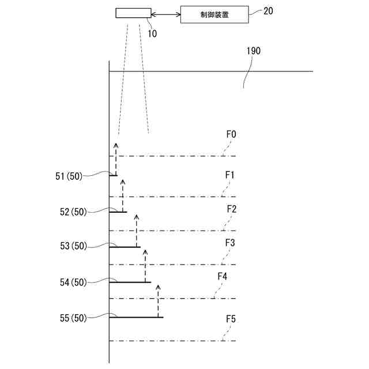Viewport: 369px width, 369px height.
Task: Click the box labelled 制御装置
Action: [215, 14]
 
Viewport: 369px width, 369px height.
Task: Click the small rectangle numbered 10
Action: [133, 13]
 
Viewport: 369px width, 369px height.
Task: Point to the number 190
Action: [254, 51]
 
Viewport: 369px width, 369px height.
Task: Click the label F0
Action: [231, 134]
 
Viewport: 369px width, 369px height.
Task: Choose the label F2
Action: [231, 209]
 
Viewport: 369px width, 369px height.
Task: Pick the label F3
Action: [229, 243]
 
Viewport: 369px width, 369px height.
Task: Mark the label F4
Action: [222, 277]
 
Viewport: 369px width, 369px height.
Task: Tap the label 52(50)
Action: [73, 212]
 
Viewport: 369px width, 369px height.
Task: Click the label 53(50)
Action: [73, 246]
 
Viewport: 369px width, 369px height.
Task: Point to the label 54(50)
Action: [73, 282]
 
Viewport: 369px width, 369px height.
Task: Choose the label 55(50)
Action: [73, 317]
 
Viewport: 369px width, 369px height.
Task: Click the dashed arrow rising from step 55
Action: [158, 301]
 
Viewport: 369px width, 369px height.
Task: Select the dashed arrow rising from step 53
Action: [137, 231]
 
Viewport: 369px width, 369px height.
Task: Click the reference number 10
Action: [152, 33]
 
